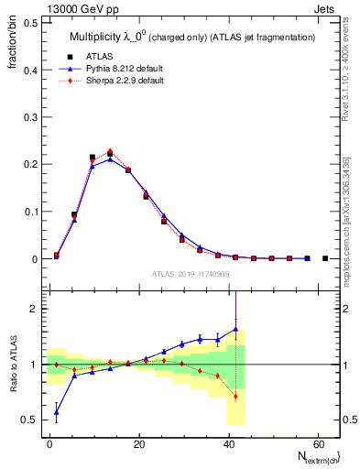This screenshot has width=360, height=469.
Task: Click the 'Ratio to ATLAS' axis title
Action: coord(12,364)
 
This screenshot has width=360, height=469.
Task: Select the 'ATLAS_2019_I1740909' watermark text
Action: coord(189,274)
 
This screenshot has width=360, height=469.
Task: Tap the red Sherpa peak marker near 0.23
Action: coord(110,151)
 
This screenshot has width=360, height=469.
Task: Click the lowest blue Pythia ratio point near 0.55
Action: coord(57,412)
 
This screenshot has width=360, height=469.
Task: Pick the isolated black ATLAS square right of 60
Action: coord(325,258)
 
